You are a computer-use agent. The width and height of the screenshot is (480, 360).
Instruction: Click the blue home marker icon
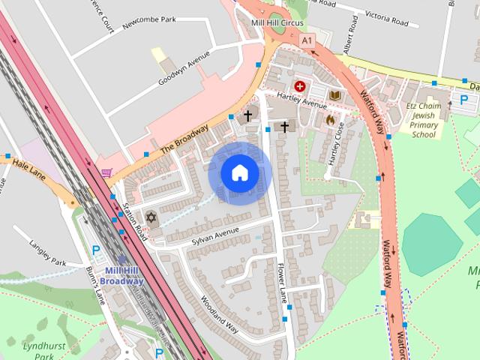coord(238,172)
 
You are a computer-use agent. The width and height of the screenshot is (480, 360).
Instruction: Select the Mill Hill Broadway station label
coord(124,275)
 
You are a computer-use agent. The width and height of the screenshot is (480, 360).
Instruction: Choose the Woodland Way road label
coord(220,314)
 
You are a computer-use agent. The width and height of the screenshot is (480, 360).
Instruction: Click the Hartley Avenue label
coord(298,100)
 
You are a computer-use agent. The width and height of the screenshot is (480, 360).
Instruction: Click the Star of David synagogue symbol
coord(151,217)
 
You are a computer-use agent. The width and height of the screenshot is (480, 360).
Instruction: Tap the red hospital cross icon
coord(301,86)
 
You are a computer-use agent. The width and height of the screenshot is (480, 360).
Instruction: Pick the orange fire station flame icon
coord(329,118)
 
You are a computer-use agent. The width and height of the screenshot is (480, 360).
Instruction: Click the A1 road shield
coord(308,40)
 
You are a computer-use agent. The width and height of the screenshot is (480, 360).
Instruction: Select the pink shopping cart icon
coord(106,173)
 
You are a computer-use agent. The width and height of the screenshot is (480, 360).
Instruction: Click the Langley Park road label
coord(48,253)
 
